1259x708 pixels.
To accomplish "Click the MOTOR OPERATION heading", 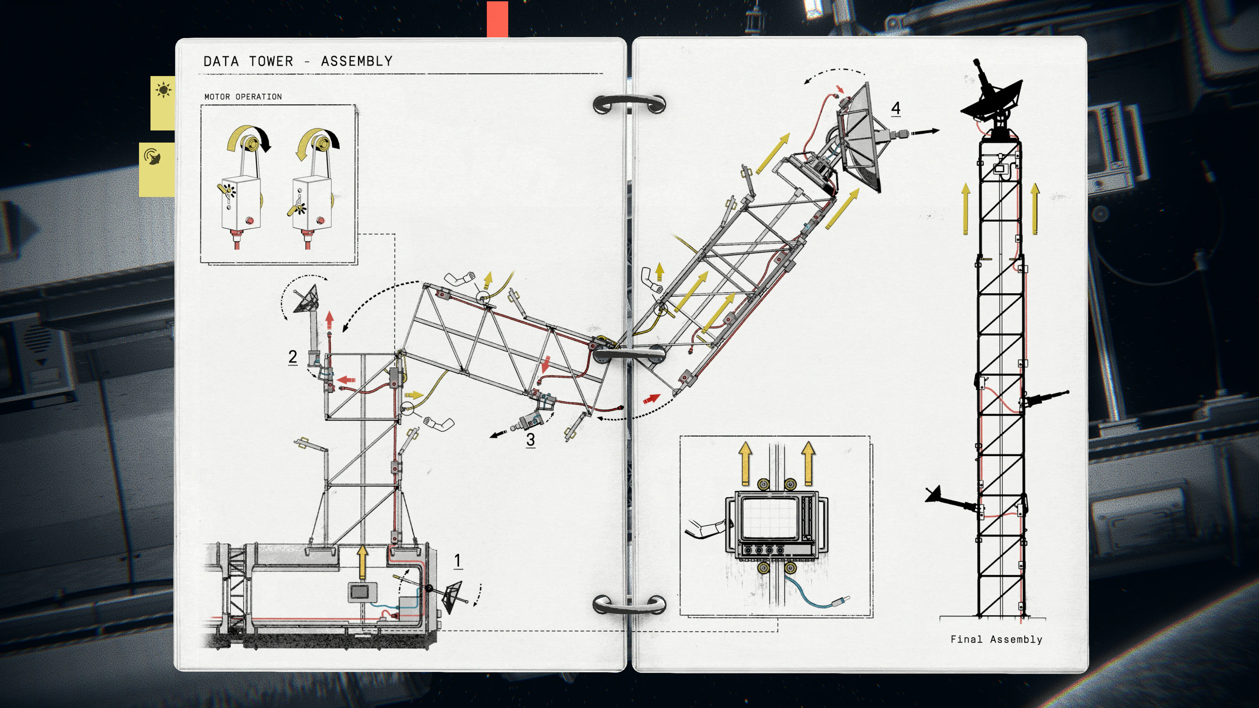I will pos(243,97).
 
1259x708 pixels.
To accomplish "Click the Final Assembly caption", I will pos(996,639).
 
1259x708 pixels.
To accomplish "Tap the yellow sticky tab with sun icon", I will pos(163,103).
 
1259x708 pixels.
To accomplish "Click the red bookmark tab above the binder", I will pos(497,19).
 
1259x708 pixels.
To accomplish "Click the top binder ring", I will pos(629,104).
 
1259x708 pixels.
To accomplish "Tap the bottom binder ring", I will pos(629,605).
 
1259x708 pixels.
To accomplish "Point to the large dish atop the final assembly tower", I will pos(992,100).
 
